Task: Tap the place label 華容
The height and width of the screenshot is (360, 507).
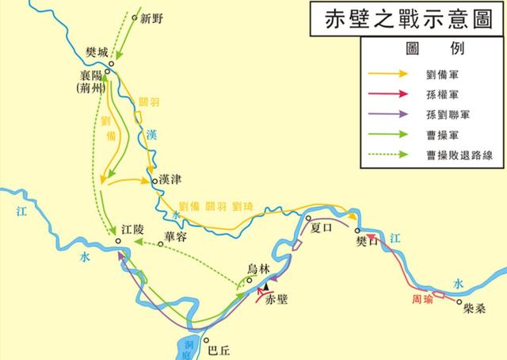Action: [177, 236]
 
